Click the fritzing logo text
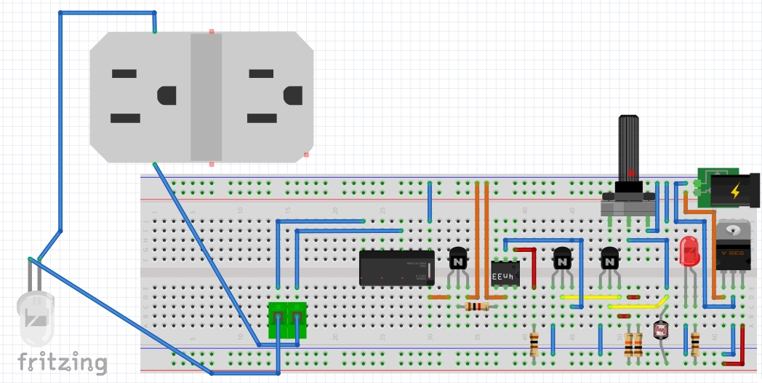(x=62, y=362)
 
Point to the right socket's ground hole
(x=292, y=95)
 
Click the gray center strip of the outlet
(x=206, y=96)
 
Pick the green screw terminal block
(x=286, y=320)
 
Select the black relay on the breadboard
(x=397, y=268)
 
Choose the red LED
(x=689, y=252)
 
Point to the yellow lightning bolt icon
(x=735, y=191)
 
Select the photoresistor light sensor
(x=661, y=331)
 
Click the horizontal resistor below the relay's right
(x=476, y=307)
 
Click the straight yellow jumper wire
(x=590, y=297)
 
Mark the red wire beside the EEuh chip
(x=534, y=267)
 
